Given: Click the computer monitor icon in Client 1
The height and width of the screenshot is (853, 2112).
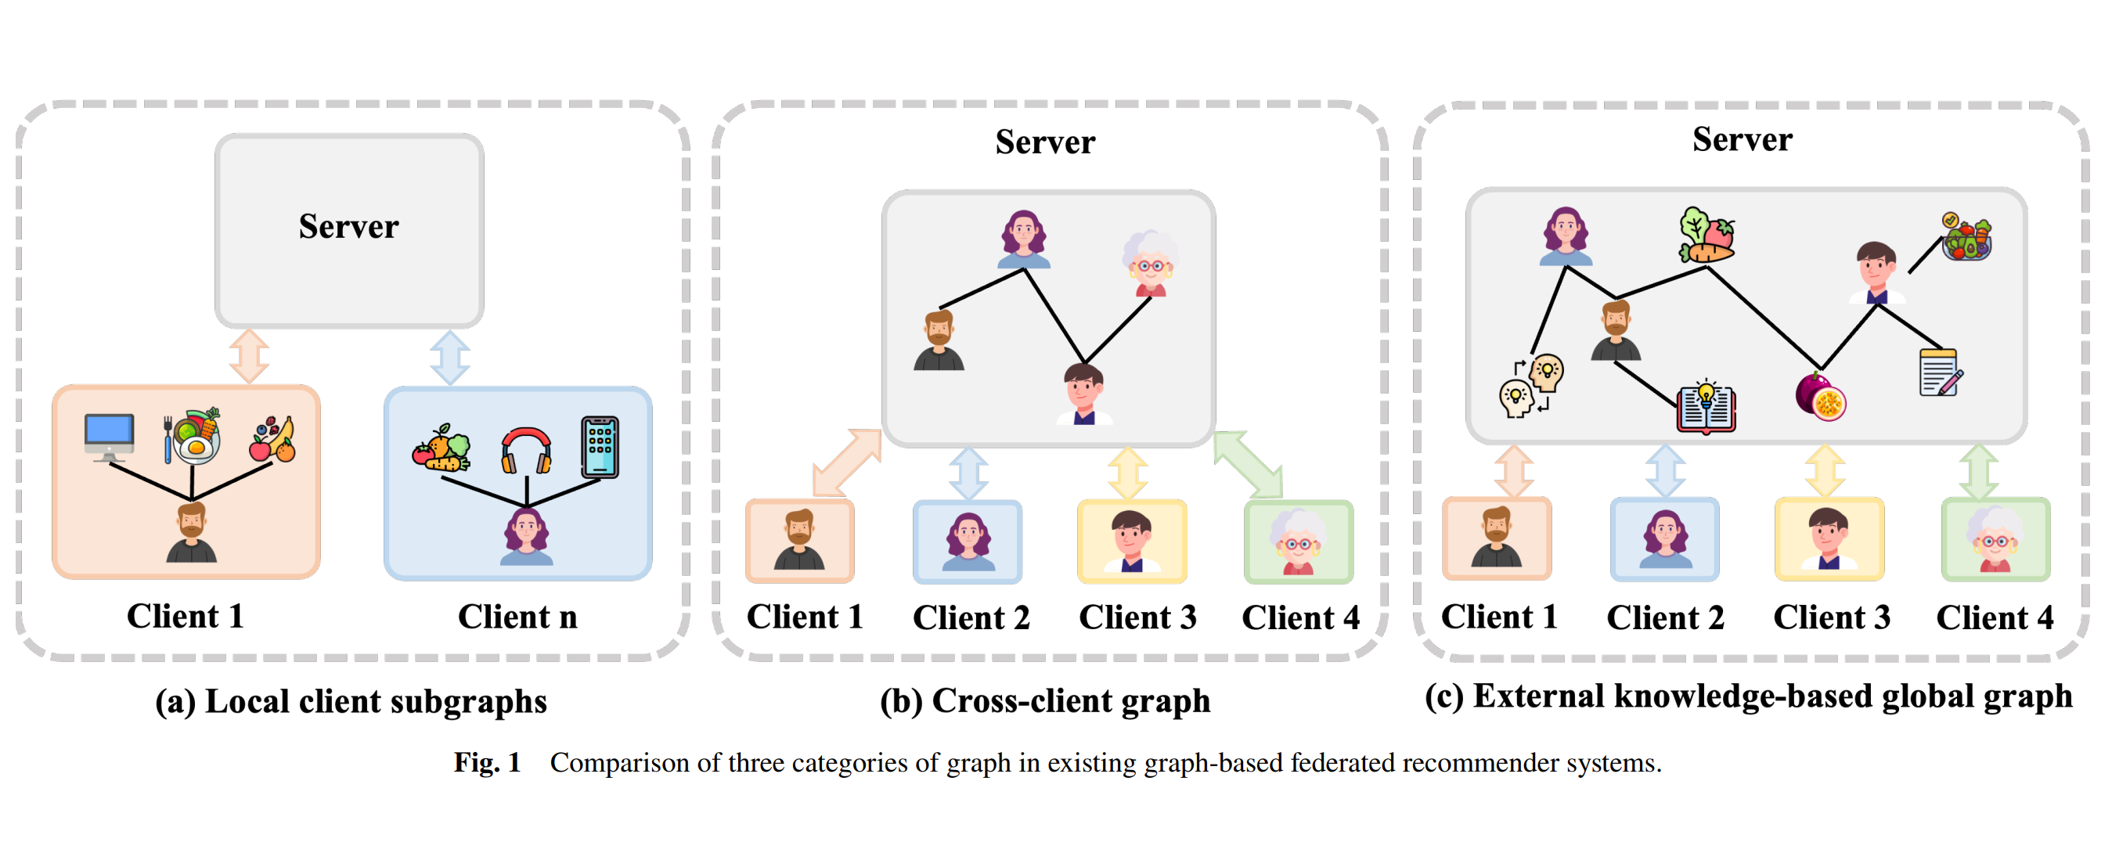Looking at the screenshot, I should pyautogui.click(x=109, y=436).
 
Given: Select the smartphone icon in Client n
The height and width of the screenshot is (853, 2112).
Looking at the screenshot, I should pyautogui.click(x=600, y=448).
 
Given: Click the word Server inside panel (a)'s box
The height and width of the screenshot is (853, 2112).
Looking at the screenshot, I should pyautogui.click(x=348, y=227).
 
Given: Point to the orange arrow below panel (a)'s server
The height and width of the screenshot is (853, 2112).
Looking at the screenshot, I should pyautogui.click(x=248, y=355).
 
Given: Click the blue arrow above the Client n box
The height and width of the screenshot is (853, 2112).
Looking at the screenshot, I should pyautogui.click(x=449, y=358).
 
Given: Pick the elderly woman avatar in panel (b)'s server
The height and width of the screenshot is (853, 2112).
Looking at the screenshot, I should pyautogui.click(x=1149, y=263).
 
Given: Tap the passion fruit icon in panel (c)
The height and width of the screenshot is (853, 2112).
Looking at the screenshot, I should pyautogui.click(x=1820, y=397).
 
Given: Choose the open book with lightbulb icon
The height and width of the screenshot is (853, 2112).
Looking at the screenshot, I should pyautogui.click(x=1707, y=406).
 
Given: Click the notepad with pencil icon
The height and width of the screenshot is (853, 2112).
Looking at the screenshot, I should pyautogui.click(x=1940, y=373).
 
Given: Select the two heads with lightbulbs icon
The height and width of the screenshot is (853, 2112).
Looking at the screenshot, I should pyautogui.click(x=1530, y=385).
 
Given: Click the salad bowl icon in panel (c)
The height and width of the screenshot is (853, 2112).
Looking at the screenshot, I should pyautogui.click(x=1966, y=237).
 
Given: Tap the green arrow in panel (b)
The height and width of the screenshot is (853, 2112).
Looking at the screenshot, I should pyautogui.click(x=1248, y=464).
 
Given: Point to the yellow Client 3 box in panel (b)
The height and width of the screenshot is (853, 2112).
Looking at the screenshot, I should pyautogui.click(x=1131, y=542).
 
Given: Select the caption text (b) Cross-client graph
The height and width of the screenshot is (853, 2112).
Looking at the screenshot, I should pyautogui.click(x=1044, y=701).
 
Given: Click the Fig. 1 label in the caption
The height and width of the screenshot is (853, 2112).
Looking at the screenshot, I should pyautogui.click(x=487, y=763).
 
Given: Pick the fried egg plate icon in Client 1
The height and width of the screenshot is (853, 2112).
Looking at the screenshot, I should pyautogui.click(x=194, y=437).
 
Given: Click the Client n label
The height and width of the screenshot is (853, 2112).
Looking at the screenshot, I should pyautogui.click(x=517, y=617).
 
